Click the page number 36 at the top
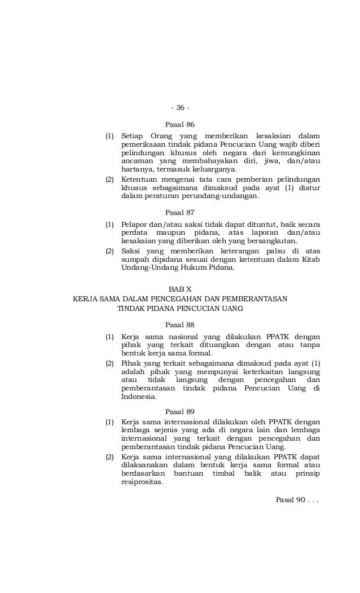click(180, 108)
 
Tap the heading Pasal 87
click(179, 214)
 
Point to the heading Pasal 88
click(179, 325)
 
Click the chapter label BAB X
click(180, 289)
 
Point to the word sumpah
click(134, 260)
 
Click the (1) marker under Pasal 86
click(110, 136)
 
